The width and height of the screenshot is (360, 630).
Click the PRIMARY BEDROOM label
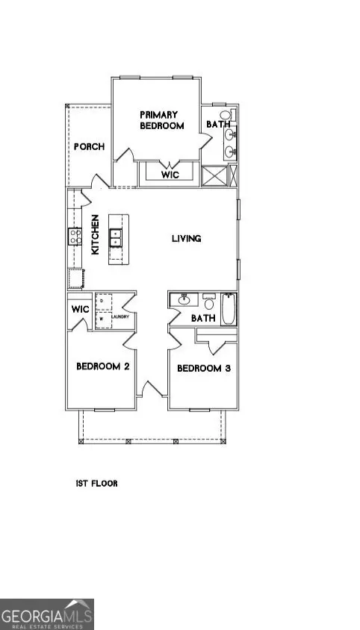(161, 120)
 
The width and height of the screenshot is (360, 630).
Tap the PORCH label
(88, 146)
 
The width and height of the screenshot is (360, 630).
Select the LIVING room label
(187, 239)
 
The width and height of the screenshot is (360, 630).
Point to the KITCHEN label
(96, 236)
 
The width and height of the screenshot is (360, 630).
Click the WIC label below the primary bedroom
(170, 173)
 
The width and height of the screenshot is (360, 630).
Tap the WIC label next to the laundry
(80, 309)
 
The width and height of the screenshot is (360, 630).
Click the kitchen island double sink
(116, 239)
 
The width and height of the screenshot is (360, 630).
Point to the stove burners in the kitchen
(75, 237)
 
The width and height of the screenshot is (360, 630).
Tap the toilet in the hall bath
(208, 302)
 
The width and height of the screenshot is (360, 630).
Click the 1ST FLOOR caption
(96, 484)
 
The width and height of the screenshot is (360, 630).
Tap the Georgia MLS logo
(46, 614)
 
